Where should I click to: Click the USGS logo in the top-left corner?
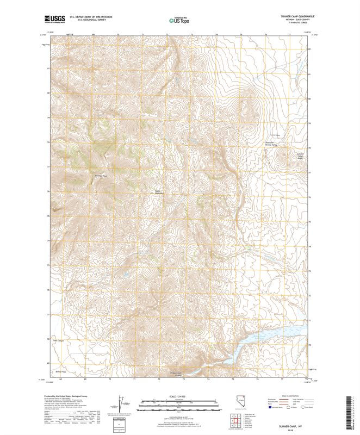tap(53, 21)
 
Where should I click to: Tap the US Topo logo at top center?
tap(179, 21)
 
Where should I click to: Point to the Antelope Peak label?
tap(101, 176)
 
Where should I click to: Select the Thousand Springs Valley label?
tap(271, 144)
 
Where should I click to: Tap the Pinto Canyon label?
tap(58, 341)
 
